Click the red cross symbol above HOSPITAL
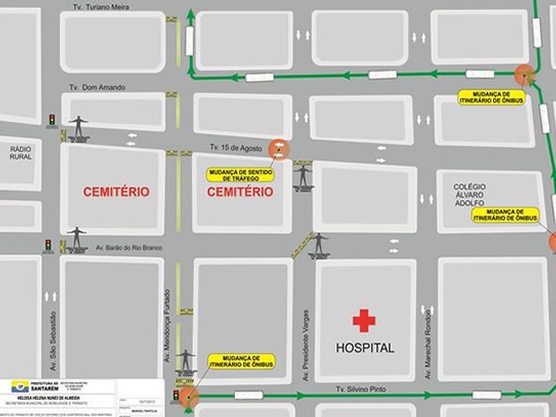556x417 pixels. (x=363, y=320)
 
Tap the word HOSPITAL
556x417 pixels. (x=364, y=348)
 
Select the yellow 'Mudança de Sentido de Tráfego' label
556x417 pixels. (x=239, y=174)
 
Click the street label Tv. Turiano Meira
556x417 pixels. (x=100, y=5)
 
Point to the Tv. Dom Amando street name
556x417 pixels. (x=98, y=87)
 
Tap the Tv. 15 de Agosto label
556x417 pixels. (x=235, y=147)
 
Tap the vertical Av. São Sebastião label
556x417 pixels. (x=53, y=341)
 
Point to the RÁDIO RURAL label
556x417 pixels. (x=20, y=150)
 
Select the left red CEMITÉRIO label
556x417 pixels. (x=116, y=192)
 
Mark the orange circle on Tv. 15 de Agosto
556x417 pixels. (x=280, y=149)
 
